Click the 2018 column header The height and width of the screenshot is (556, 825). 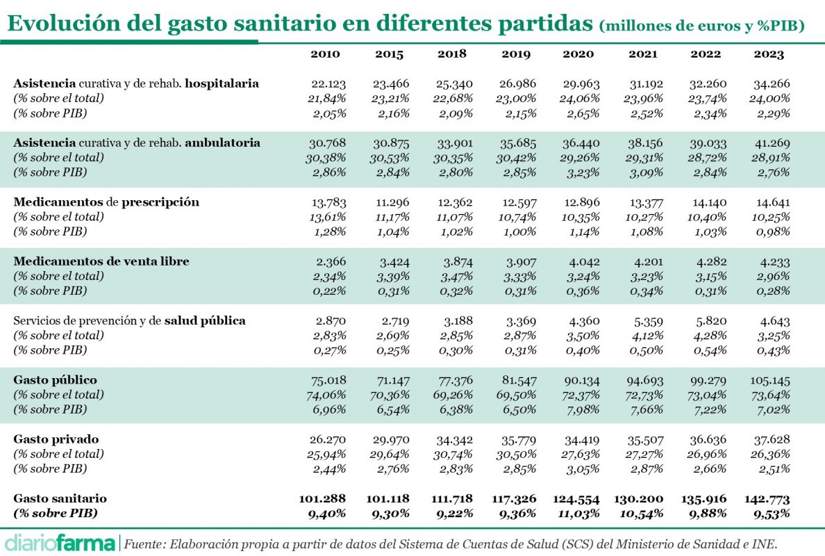452,54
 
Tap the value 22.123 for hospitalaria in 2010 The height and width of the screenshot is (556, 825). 328,83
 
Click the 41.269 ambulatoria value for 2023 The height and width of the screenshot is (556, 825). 772,142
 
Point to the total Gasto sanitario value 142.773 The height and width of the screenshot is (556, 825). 772,499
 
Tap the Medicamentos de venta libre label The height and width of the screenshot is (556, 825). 101,261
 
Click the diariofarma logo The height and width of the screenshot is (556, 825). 60,541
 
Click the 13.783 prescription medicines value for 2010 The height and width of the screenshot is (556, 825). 328,202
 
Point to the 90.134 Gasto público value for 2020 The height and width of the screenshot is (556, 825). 580,380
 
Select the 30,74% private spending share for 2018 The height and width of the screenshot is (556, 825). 454,454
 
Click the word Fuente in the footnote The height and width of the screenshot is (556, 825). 142,541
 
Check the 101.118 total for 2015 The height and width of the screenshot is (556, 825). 388,499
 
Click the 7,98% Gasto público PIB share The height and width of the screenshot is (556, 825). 582,409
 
